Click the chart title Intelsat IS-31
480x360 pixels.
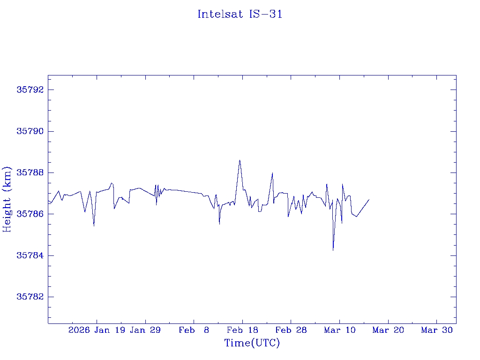(x=240, y=14)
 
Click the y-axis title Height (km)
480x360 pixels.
(x=7, y=199)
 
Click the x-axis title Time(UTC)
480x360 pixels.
(x=252, y=343)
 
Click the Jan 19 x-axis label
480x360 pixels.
(x=110, y=330)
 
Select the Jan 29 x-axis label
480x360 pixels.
(x=145, y=330)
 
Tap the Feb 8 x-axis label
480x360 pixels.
(x=194, y=330)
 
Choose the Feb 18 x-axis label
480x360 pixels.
(x=242, y=330)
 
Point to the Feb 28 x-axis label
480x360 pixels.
(x=291, y=330)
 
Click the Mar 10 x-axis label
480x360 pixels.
(x=339, y=330)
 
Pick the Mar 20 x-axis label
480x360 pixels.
(x=388, y=330)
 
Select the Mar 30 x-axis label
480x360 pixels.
(x=437, y=330)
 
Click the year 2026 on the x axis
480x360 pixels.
(x=79, y=330)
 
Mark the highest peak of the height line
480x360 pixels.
(x=240, y=160)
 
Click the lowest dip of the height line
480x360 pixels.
(x=333, y=250)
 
